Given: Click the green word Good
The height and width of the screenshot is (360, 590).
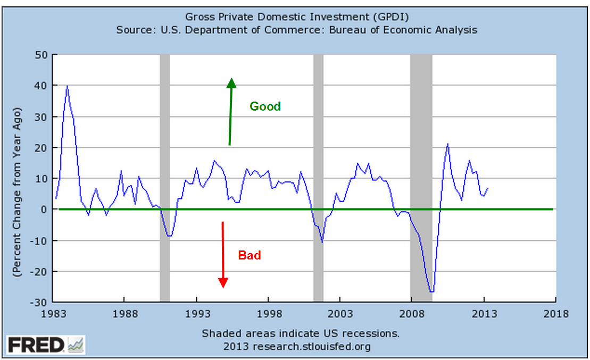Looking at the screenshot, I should [x=265, y=106].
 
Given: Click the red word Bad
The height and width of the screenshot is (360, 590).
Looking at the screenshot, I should [x=249, y=256].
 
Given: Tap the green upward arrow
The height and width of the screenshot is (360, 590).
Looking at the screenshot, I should [x=230, y=112].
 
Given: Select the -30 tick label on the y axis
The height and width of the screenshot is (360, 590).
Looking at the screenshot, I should [x=39, y=303].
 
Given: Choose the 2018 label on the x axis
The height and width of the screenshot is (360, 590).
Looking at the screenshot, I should [x=556, y=314].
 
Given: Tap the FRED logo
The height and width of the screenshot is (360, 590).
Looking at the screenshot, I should [x=45, y=345].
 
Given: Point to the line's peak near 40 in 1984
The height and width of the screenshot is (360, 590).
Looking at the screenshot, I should [x=67, y=86].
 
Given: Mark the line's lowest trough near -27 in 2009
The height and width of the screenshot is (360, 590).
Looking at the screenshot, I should [x=431, y=291].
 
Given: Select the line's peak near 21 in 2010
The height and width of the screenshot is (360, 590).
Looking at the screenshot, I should [x=448, y=144].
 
